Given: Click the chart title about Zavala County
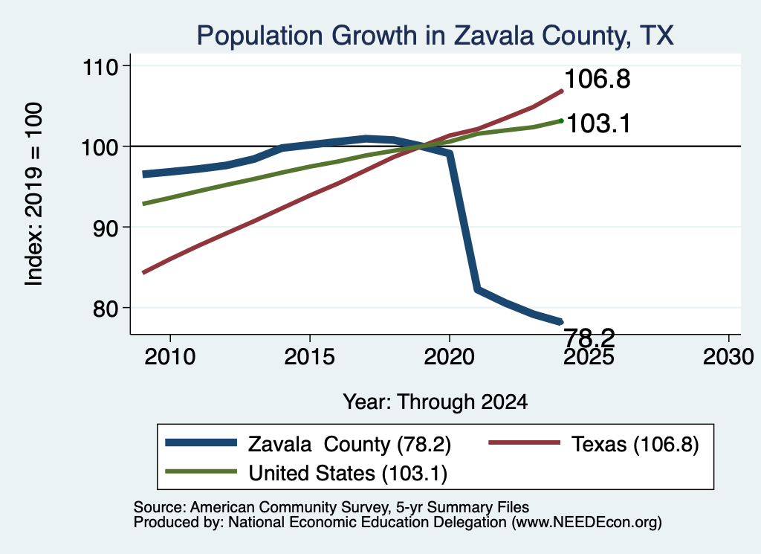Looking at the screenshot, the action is [435, 36].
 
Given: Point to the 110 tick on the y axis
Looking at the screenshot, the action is [100, 66].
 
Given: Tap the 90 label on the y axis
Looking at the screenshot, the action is [106, 228].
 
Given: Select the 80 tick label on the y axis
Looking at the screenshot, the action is [106, 309].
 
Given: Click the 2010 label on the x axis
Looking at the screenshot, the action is [170, 357].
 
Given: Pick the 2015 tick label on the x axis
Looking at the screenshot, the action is [310, 357].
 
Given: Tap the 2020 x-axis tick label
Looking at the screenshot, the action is [450, 357].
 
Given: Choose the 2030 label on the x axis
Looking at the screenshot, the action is [728, 357].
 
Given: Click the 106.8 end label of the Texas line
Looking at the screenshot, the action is [598, 79].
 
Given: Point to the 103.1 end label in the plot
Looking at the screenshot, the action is [598, 123].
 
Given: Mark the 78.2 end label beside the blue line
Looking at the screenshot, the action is [589, 337].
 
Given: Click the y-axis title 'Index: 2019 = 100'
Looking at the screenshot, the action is [33, 194].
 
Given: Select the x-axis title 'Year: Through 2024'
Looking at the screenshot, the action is [435, 402].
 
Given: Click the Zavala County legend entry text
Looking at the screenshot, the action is [350, 444].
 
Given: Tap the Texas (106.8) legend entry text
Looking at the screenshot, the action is [635, 444].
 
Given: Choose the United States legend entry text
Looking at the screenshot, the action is [348, 473].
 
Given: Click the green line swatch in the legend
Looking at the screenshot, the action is [201, 471].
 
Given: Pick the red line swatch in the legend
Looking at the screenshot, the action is [524, 442].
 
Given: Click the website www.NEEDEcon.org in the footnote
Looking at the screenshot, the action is [586, 522].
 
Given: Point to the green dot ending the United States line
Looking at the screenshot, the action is [562, 120].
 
